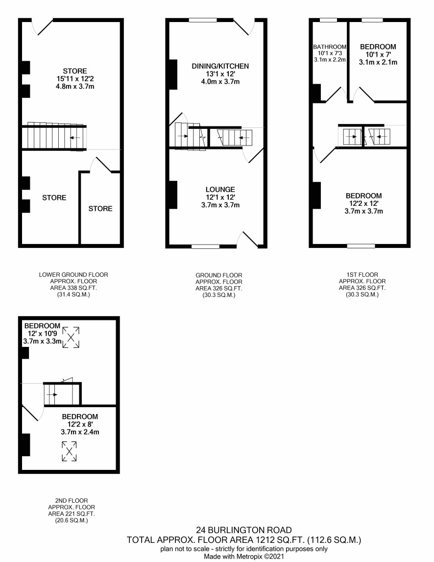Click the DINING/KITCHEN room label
(x=220, y=66)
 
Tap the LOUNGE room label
(x=220, y=189)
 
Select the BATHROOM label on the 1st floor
(x=330, y=47)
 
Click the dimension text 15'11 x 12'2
(x=75, y=78)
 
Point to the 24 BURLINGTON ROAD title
(x=244, y=530)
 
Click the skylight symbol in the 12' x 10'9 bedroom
(x=71, y=337)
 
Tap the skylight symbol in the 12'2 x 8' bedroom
(x=69, y=451)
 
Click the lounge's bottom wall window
(x=205, y=246)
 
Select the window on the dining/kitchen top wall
(x=203, y=20)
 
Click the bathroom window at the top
(x=328, y=20)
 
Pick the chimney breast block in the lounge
(x=173, y=195)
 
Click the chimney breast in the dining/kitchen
(x=173, y=74)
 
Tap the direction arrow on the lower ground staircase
(x=75, y=138)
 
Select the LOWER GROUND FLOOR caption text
(x=73, y=274)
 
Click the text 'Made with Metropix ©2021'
(x=244, y=556)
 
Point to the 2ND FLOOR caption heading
(x=72, y=500)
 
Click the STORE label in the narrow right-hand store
(x=100, y=209)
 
